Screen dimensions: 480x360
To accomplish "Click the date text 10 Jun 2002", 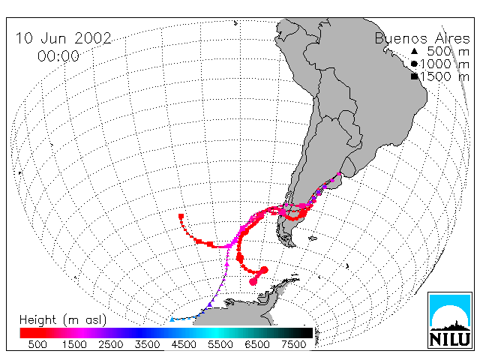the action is pyautogui.click(x=64, y=38).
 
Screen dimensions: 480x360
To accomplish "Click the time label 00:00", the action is pyautogui.click(x=58, y=56).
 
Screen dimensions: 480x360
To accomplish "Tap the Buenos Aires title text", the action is pyautogui.click(x=422, y=39).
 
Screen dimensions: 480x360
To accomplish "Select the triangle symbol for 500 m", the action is pyautogui.click(x=414, y=51).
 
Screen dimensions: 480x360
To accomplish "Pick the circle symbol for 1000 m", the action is pyautogui.click(x=414, y=64).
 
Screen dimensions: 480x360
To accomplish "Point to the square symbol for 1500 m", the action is pyautogui.click(x=415, y=76).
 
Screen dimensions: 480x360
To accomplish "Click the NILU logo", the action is pyautogui.click(x=450, y=320).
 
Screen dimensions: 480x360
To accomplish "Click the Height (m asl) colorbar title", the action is pyautogui.click(x=63, y=320).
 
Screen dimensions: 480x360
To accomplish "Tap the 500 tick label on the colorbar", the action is pyautogui.click(x=37, y=344).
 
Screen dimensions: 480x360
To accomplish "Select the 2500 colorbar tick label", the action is pyautogui.click(x=110, y=344).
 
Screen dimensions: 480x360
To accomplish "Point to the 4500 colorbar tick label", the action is pyautogui.click(x=184, y=344).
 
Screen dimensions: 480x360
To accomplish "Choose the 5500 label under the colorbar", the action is pyautogui.click(x=220, y=344).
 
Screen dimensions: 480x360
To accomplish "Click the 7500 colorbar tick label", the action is pyautogui.click(x=293, y=344).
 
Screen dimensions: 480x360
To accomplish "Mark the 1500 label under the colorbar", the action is pyautogui.click(x=74, y=344).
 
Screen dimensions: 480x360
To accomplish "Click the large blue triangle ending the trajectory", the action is pyautogui.click(x=172, y=319).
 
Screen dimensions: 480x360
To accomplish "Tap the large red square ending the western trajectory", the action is pyautogui.click(x=181, y=217).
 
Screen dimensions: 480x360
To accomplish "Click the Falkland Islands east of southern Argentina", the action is pyautogui.click(x=313, y=238).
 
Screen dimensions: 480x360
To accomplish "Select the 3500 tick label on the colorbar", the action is pyautogui.click(x=147, y=344).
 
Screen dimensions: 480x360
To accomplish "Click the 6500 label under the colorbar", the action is pyautogui.click(x=257, y=344).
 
